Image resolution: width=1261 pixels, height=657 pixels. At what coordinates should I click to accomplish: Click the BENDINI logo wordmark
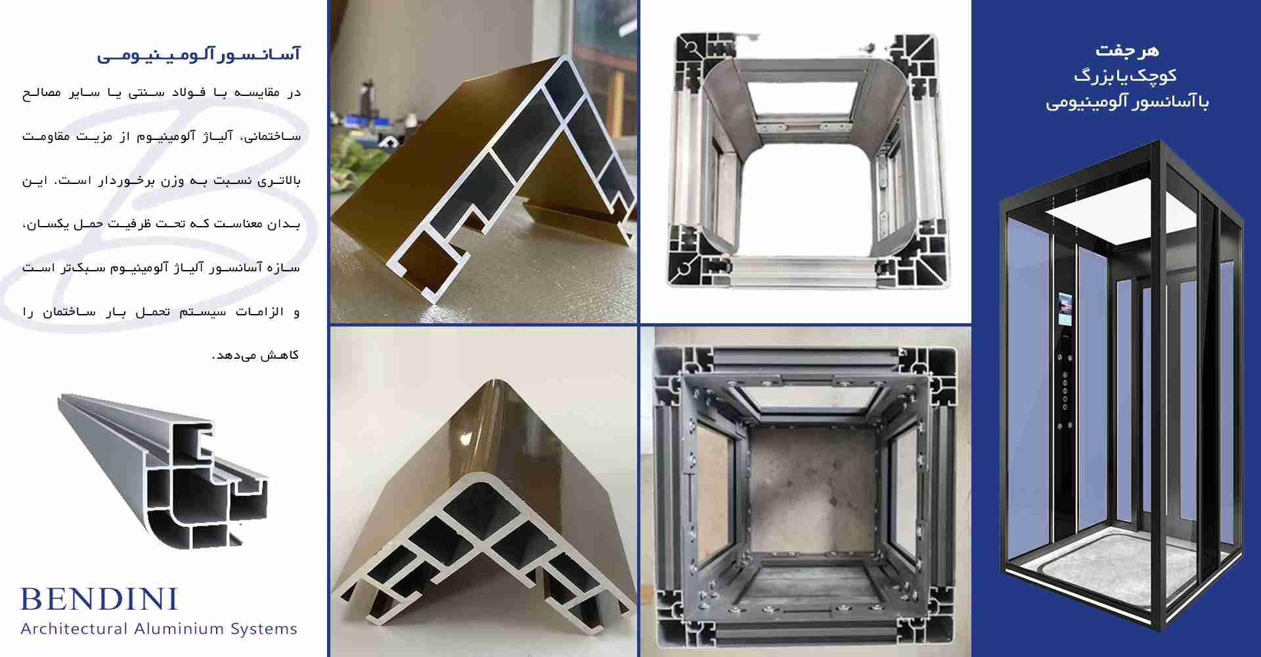point(99,599)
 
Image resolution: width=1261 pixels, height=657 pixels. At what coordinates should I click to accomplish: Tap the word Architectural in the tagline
point(74,629)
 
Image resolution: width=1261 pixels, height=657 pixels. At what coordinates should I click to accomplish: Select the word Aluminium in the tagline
point(179,629)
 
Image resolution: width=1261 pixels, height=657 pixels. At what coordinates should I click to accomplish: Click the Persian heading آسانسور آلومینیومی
point(199,54)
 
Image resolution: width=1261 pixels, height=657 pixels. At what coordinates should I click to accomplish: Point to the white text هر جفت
point(1127,50)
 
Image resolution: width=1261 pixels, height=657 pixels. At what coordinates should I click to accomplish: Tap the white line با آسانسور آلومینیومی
point(1127,102)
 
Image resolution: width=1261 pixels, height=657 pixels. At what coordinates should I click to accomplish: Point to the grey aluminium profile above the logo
point(163,470)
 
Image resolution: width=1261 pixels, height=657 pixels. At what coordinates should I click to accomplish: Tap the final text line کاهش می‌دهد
point(255,355)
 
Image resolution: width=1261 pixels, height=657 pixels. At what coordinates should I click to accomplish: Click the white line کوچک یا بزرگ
point(1126,76)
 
